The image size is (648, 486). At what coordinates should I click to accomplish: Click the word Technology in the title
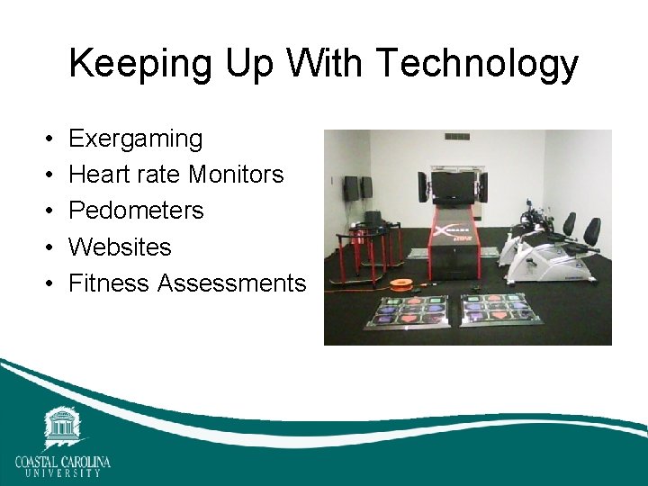tap(478, 65)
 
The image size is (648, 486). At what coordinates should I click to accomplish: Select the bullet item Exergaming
tap(136, 139)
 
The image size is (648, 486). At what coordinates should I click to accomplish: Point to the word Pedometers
tap(136, 211)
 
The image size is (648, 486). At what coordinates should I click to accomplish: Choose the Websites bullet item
tap(120, 247)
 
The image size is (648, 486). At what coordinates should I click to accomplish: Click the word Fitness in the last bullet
tap(108, 283)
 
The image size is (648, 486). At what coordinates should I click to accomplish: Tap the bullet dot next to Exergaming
tap(45, 139)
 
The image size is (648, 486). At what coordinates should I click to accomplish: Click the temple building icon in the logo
tap(62, 427)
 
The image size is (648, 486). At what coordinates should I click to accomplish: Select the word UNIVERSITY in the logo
tap(62, 473)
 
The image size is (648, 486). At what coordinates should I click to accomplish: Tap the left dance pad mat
tap(416, 311)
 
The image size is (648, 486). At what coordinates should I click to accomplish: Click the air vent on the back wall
tap(457, 137)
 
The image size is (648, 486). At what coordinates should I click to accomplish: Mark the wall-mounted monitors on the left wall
tap(356, 188)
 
